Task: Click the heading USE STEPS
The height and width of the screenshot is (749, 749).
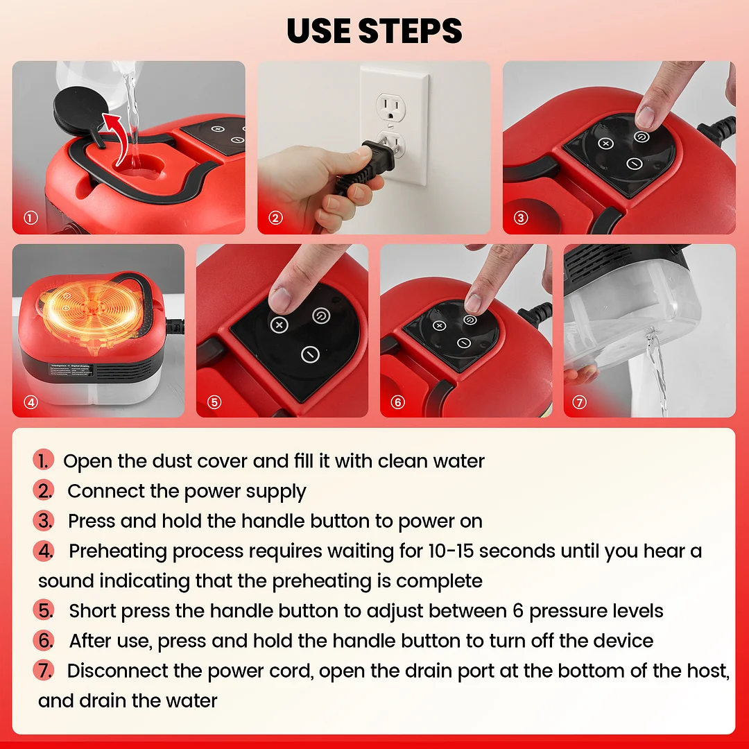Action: tap(374, 31)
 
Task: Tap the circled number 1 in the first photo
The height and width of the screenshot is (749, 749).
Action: tap(31, 218)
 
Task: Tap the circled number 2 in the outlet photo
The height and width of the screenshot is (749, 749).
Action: tap(275, 218)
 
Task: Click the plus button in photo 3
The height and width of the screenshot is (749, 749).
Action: tap(605, 144)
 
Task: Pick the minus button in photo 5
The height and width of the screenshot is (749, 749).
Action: tap(310, 354)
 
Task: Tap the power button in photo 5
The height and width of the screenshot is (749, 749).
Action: tap(321, 316)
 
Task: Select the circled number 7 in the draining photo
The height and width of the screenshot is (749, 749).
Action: tap(579, 402)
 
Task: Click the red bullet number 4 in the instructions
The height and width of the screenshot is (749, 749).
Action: tap(44, 551)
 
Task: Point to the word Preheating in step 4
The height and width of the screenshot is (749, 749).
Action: tap(117, 551)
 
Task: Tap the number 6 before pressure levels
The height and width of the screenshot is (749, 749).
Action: tap(518, 611)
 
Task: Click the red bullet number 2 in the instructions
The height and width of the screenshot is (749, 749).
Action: tap(44, 491)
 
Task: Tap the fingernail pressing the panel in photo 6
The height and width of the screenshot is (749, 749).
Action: tap(472, 303)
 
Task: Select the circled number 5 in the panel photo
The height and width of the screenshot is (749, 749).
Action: tap(214, 402)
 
